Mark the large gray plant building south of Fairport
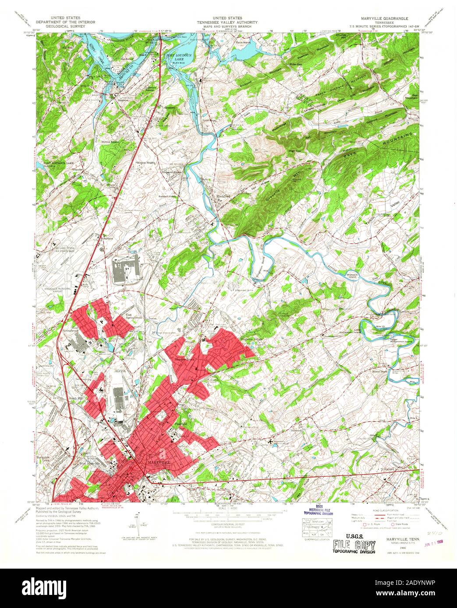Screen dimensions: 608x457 point(126,272)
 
